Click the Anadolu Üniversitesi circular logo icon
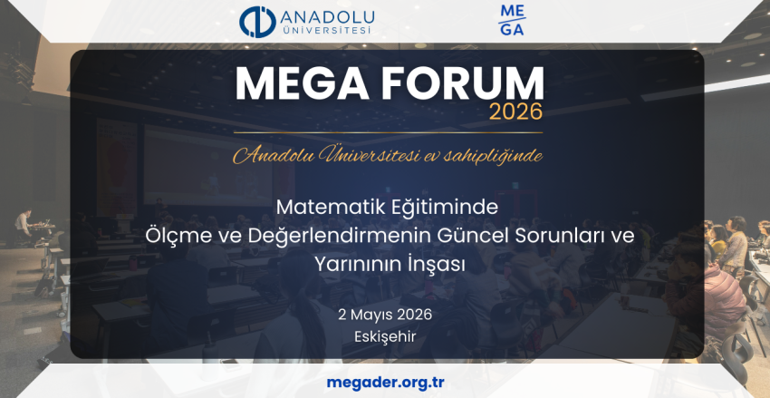pos(255,22)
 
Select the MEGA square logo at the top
pos(511,20)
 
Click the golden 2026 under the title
pos(515,112)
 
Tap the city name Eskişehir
pos(385,336)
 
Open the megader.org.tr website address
pos(384,382)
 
